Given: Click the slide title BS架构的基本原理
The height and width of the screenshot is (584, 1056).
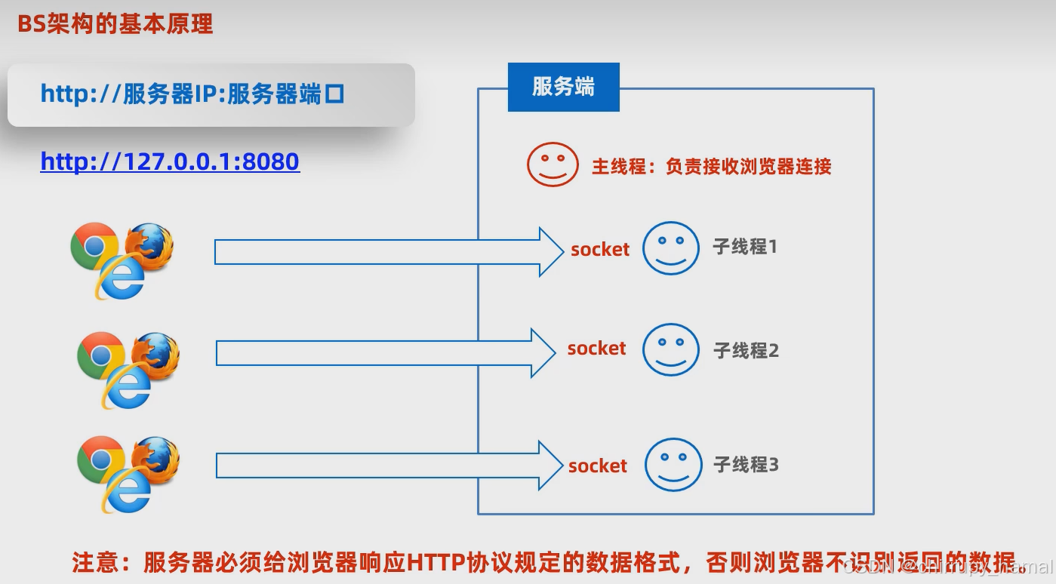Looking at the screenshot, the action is tap(115, 24).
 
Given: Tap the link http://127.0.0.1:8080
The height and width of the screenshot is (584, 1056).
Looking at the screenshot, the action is tap(170, 161).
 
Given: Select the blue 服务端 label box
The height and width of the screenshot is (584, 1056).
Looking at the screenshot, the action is tap(563, 87).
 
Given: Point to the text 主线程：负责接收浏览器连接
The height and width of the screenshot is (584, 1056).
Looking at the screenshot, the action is tap(711, 167).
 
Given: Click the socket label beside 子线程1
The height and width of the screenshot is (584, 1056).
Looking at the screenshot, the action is tap(600, 250).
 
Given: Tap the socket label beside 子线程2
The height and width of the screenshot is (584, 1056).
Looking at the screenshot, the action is tap(596, 349).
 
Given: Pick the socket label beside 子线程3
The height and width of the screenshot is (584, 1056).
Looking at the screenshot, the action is tap(597, 466).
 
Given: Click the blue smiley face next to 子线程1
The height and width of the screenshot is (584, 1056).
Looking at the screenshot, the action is tap(671, 247).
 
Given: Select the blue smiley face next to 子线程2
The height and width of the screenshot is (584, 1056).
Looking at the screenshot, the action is tap(671, 349).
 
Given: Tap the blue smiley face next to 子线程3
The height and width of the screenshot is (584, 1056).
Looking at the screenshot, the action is tap(673, 464).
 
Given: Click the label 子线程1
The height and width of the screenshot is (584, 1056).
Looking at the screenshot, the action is tap(744, 247).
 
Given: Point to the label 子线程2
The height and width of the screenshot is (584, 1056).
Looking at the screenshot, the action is tap(746, 350).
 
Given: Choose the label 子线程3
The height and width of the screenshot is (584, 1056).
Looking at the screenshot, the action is tap(746, 465).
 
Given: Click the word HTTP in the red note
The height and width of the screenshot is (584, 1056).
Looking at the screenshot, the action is tap(436, 563).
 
